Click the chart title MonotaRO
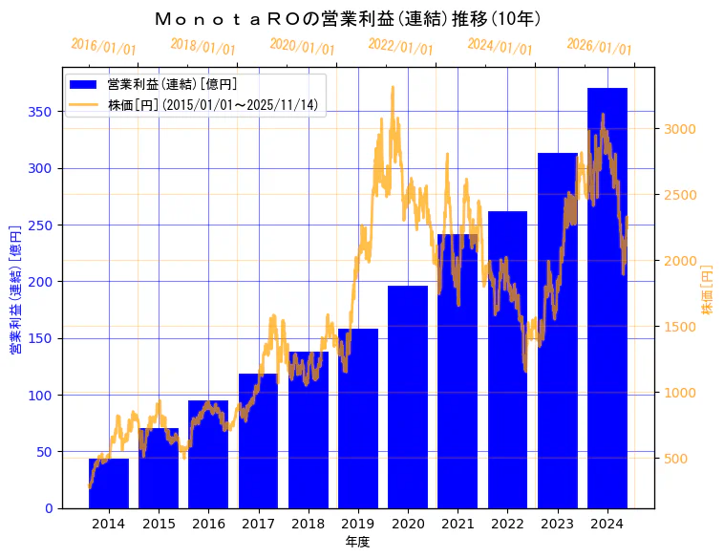pos(349,18)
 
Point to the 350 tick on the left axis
pos(41,112)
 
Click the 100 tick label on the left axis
pos(41,395)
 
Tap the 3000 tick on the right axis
pos(682,129)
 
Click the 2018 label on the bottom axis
pos(309,523)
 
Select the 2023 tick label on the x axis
pos(558,523)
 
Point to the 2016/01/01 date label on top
pos(104,46)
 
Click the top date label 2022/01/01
pos(401,46)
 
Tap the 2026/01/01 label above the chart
pos(599,46)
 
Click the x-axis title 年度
pos(358,542)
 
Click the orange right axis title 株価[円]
pos(708,290)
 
